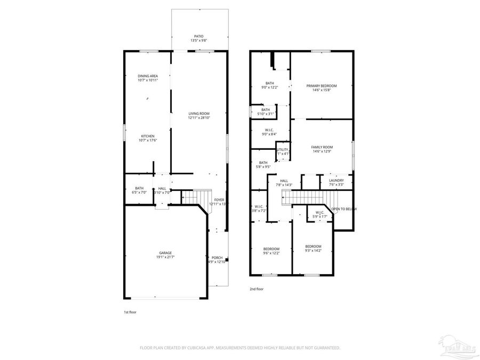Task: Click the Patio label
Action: pos(198,36)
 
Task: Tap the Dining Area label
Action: pos(148,76)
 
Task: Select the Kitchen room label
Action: pos(148,136)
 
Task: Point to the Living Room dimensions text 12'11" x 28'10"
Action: pos(198,118)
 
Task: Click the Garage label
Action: pos(165,253)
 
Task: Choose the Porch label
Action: pos(217,258)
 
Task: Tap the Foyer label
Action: pos(219,199)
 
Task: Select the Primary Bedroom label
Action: pos(322,86)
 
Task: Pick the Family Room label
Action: pos(323,147)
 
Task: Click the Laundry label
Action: pos(336,180)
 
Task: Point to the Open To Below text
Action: pos(344,209)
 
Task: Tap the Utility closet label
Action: pos(283,150)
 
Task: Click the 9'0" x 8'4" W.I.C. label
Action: pos(270,130)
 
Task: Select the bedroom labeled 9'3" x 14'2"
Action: pos(313,246)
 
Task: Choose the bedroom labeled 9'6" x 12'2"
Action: pos(271,249)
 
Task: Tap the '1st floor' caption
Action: pos(130,312)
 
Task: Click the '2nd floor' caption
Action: pos(257,289)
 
